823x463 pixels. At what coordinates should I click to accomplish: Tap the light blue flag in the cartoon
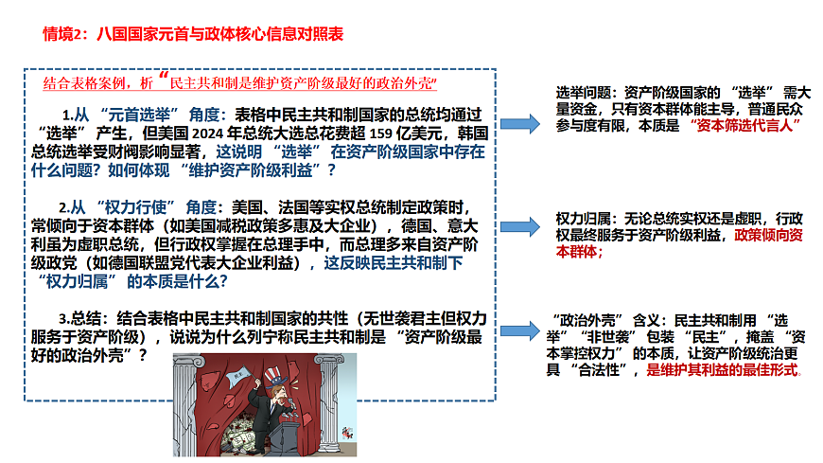tap(237, 376)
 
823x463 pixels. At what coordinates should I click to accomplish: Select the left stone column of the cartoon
tap(185, 404)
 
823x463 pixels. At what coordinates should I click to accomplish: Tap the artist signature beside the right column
tap(347, 433)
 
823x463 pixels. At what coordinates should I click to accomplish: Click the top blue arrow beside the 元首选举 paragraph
tap(520, 124)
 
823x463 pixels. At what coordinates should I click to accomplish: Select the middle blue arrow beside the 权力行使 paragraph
tap(520, 226)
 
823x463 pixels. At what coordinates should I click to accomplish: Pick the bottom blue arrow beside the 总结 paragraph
tap(520, 330)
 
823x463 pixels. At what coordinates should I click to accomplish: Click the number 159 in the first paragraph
tap(381, 134)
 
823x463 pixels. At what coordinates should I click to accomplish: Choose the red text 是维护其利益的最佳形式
tap(722, 370)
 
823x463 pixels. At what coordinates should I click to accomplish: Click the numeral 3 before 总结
tap(61, 319)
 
